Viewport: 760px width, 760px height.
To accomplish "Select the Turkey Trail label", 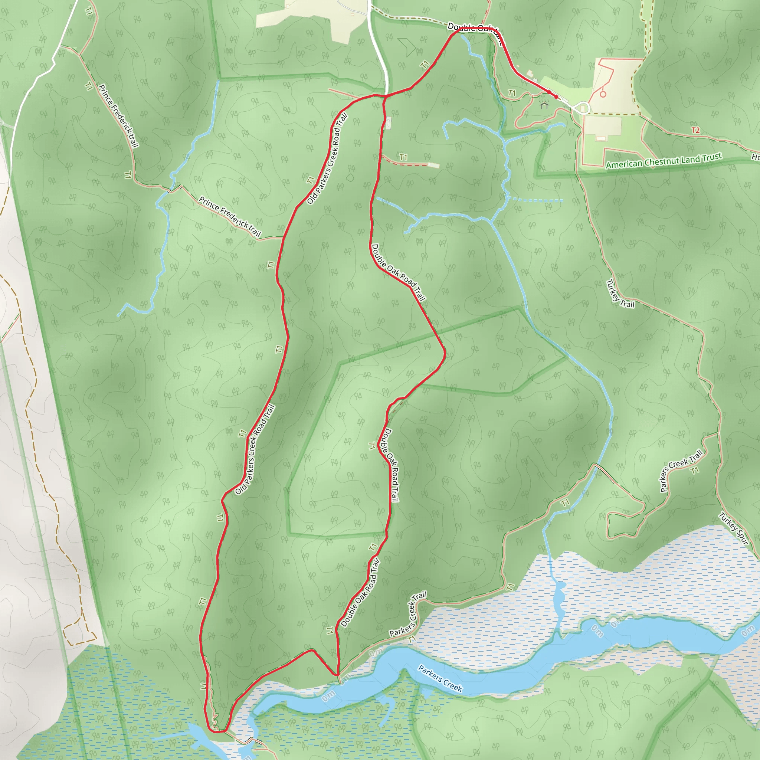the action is pos(620,293).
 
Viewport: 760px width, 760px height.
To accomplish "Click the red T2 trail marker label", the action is pos(695,130).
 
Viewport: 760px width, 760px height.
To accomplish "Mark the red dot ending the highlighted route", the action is pos(556,97).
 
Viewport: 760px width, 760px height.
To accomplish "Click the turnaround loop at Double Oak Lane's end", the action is pos(583,108).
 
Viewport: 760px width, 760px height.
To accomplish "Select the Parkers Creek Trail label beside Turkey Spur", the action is pos(681,471).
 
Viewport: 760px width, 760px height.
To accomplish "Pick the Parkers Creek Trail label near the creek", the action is pos(408,616).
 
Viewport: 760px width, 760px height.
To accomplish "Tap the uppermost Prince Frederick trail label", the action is pos(118,116).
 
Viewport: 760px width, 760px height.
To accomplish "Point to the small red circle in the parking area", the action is pos(603,94).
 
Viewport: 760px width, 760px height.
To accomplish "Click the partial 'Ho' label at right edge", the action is pos(755,157).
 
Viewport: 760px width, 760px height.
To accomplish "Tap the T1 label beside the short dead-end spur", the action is pos(403,157).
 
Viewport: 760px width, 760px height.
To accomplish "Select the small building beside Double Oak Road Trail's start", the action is pos(389,123).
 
